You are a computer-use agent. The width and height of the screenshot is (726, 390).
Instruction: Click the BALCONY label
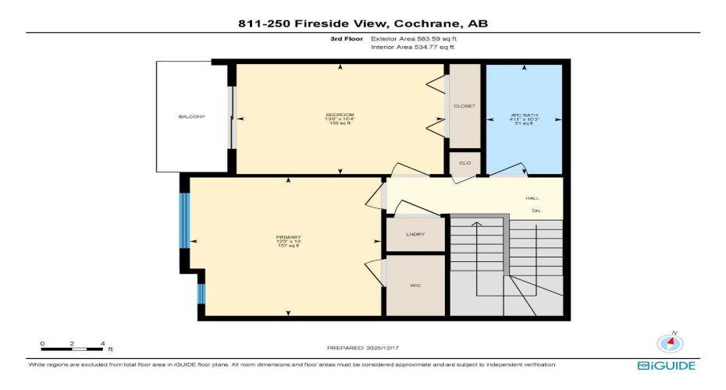(x=191, y=117)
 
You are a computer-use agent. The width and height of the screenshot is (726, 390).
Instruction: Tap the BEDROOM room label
(x=340, y=115)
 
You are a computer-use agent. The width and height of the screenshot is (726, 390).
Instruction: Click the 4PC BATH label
(x=524, y=115)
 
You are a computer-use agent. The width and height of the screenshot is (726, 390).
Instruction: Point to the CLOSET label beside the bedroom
(x=464, y=106)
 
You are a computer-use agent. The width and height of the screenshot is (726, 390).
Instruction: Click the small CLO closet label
(x=464, y=164)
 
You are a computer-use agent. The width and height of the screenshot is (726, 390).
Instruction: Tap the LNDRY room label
(x=415, y=234)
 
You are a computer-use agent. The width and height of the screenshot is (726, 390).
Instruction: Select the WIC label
(x=415, y=286)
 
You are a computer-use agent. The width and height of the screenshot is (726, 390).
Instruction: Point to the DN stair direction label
(x=536, y=211)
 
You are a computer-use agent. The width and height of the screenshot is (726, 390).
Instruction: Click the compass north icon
(x=669, y=342)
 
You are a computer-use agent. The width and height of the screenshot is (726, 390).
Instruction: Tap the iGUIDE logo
(x=666, y=366)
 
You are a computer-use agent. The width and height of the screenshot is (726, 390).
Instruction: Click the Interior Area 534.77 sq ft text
(x=411, y=48)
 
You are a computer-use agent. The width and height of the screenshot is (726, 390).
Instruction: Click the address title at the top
(x=363, y=24)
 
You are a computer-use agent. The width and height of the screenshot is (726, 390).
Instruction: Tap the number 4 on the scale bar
(x=101, y=343)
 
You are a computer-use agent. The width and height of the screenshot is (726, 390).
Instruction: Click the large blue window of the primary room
(x=185, y=220)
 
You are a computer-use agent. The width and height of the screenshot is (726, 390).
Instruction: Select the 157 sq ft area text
(x=288, y=246)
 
